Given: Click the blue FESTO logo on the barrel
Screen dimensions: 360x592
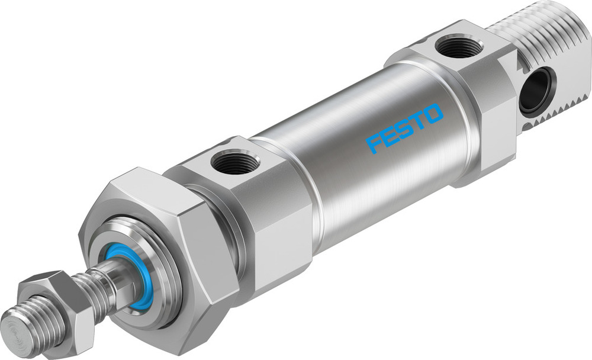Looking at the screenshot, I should click(x=404, y=128).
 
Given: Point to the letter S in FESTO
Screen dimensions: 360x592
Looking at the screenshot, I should click(x=404, y=128).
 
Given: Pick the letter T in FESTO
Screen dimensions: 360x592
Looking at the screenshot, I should click(x=419, y=121).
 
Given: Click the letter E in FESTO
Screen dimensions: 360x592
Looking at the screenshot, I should click(x=388, y=136).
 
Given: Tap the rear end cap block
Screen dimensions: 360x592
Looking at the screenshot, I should click(x=468, y=101).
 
